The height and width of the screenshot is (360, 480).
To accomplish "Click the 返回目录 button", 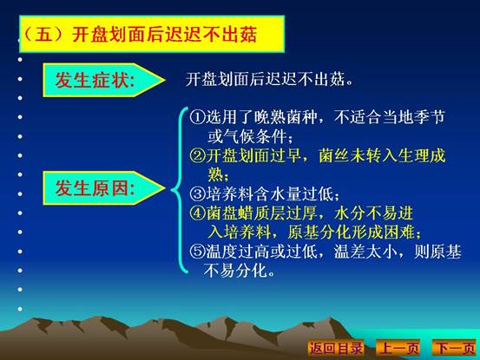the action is (x=336, y=348).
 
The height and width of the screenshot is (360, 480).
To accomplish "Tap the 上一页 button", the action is (x=398, y=348).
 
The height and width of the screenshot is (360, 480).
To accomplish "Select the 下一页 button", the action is (x=454, y=348).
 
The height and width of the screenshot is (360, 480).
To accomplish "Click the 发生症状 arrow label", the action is (x=104, y=80).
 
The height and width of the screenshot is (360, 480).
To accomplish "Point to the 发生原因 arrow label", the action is (x=104, y=187).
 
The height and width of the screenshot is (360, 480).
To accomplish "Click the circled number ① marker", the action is (x=197, y=117).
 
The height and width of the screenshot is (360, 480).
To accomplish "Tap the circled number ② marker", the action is (x=197, y=155).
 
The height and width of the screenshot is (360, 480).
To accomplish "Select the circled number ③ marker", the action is (x=197, y=193).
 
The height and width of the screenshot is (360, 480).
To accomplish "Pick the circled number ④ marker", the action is (x=197, y=213).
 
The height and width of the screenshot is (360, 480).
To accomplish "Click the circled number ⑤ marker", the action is (x=197, y=252).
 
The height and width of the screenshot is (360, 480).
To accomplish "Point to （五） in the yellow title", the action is (x=46, y=34).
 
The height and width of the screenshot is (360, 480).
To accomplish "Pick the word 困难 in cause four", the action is (x=400, y=232).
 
